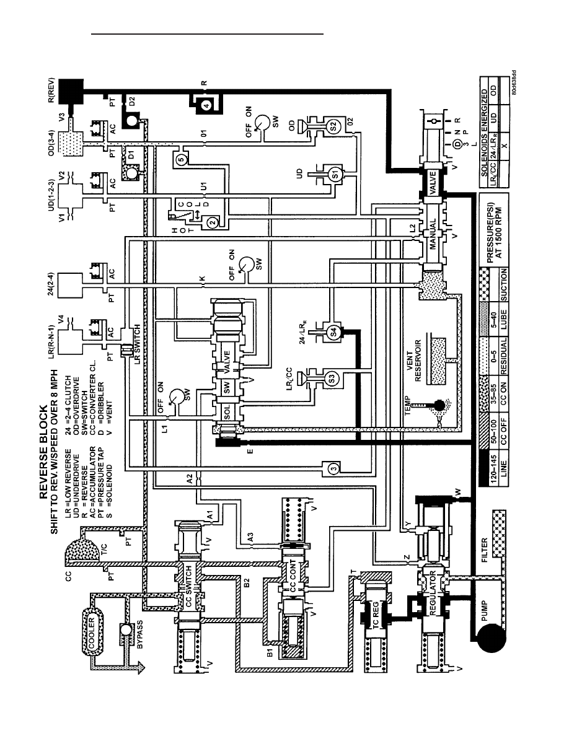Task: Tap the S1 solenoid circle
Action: coord(335,174)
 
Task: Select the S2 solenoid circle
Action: coord(333,126)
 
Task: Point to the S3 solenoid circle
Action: coord(332,379)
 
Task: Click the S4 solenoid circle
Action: coord(333,332)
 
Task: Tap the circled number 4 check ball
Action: coord(206,105)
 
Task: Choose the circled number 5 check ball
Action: coord(182,159)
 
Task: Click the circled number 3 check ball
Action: coord(333,468)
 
